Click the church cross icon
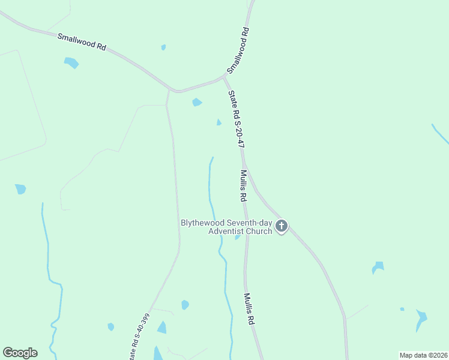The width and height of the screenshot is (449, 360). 282,227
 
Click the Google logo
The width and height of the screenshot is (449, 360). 20,353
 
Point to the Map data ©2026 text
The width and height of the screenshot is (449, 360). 423,355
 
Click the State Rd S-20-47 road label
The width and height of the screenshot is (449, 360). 236,119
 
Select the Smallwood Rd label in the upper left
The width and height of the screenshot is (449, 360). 82,42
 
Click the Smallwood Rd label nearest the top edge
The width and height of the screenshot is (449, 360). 238,49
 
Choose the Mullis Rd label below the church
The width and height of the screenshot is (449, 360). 249,309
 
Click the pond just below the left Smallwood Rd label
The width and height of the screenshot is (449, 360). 71,62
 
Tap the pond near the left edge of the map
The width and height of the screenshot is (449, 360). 20,189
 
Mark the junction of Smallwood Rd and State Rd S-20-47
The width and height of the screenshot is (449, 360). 224,77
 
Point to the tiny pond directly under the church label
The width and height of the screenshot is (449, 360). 238,237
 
